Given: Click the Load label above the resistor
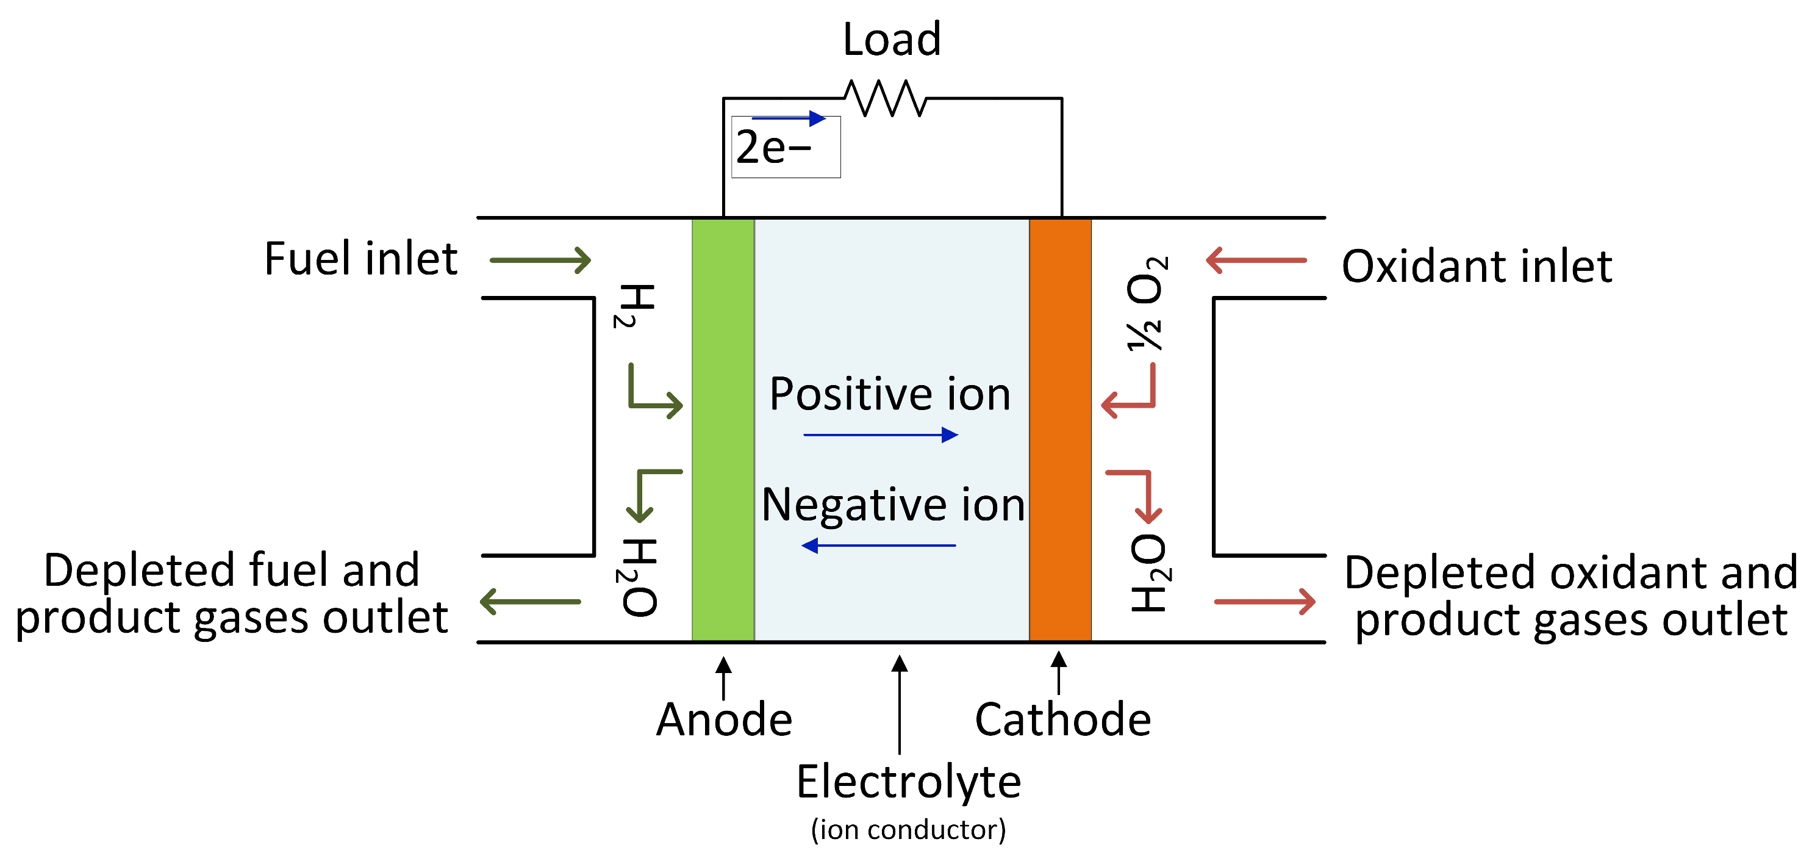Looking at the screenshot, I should click(891, 40).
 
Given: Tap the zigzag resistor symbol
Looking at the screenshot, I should click(885, 99).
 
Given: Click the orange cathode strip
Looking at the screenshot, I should click(1059, 430).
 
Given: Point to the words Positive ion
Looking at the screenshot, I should click(889, 394).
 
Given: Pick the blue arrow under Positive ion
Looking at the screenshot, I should click(880, 435).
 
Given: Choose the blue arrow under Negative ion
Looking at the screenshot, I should click(879, 546).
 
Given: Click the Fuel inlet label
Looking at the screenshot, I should click(360, 259).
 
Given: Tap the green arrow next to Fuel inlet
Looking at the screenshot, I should click(540, 261).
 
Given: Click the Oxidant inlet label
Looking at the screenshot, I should click(1476, 266).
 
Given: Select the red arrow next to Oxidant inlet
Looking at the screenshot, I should click(1256, 261).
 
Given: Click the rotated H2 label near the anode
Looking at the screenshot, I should click(634, 306).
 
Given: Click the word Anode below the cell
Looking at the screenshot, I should click(724, 719).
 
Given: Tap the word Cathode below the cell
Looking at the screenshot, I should click(1062, 719).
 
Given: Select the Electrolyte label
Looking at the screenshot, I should click(908, 782).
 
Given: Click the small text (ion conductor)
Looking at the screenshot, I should click(908, 829).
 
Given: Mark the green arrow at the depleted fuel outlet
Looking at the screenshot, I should click(531, 602).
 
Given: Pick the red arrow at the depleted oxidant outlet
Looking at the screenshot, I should click(1264, 602).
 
